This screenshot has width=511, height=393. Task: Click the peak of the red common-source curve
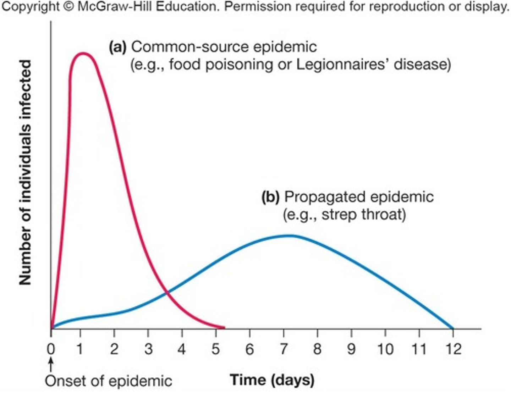83,54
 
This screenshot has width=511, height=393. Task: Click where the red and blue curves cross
166,292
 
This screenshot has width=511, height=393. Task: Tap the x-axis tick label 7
284,349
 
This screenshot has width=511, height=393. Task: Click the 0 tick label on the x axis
51,349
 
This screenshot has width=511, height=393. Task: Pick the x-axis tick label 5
216,349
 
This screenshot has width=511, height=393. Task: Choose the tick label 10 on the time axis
385,349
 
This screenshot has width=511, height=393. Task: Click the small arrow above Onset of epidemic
51,365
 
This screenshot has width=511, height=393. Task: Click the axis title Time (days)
272,380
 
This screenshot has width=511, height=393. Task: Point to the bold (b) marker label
270,197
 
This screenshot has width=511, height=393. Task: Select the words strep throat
363,214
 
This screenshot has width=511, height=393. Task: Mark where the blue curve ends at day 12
453,329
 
